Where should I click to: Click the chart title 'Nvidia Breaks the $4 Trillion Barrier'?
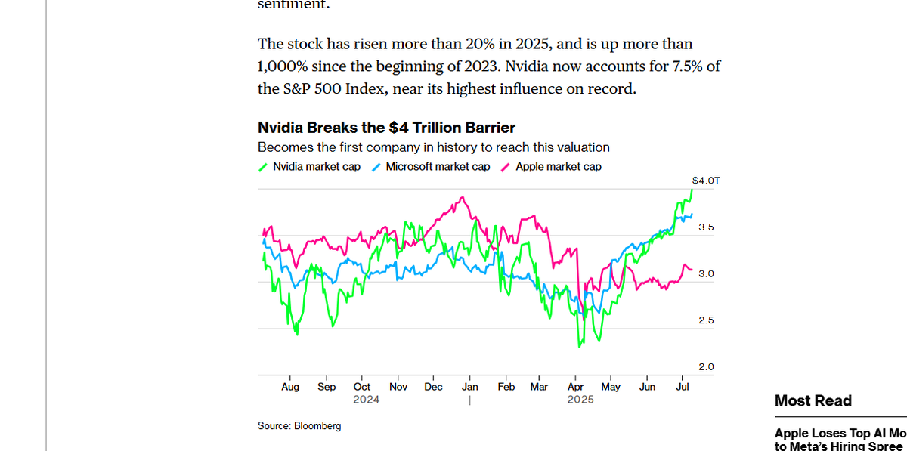pos(386,128)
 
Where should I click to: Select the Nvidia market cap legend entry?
pos(316,167)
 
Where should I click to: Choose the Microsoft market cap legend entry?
pos(438,167)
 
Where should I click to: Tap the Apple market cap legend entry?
pos(558,167)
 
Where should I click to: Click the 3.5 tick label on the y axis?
pos(705,227)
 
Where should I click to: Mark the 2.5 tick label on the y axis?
pos(705,320)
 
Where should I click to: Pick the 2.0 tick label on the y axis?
pos(705,367)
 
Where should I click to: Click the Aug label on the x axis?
pos(290,387)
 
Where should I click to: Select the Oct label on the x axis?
pos(362,387)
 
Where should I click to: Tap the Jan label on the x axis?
pos(469,387)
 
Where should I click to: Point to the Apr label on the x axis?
pos(575,387)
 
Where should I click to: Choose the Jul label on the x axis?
pos(683,387)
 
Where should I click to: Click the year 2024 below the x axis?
pos(366,400)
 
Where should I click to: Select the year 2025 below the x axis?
pos(580,400)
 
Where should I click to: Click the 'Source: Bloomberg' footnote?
pos(299,426)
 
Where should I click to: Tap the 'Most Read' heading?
pos(813,401)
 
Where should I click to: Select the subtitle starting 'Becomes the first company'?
pos(433,147)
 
